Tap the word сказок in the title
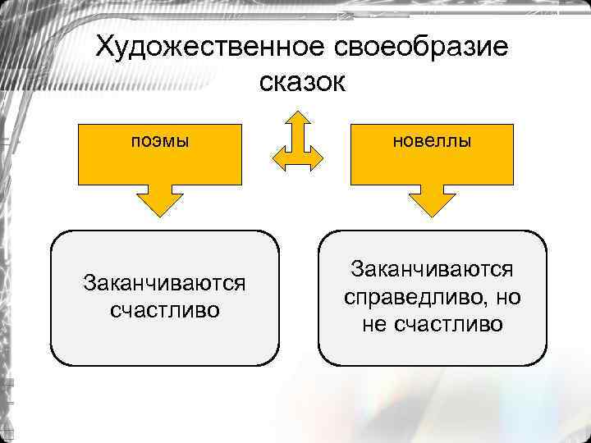[302, 83]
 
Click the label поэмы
[160, 140]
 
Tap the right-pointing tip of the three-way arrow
[318, 159]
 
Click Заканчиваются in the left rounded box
[164, 284]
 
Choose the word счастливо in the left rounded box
[164, 311]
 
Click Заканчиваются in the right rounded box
[432, 268]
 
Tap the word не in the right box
[376, 324]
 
